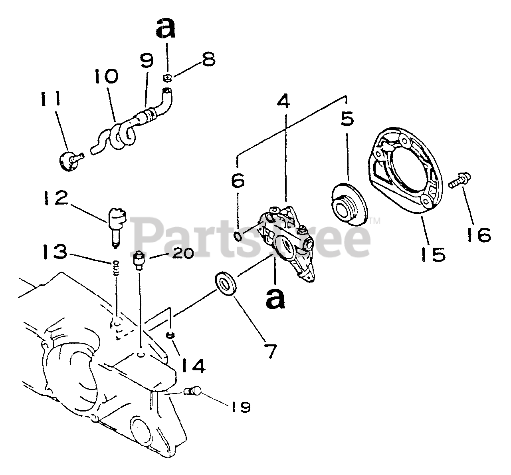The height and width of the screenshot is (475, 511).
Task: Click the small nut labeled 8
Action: [x=168, y=76]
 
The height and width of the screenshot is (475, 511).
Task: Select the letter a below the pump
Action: [x=275, y=298]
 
